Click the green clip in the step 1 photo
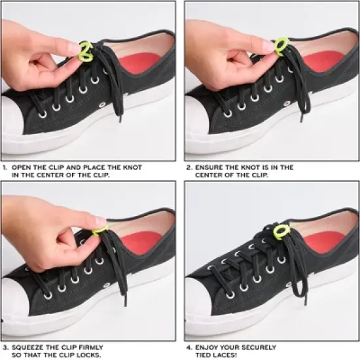pyautogui.click(x=86, y=48)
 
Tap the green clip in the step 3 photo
pyautogui.click(x=100, y=229)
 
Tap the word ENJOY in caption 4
pyautogui.click(x=207, y=347)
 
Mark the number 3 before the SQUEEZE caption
pyautogui.click(x=5, y=347)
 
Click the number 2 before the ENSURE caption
pyautogui.click(x=189, y=168)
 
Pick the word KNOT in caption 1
pyautogui.click(x=132, y=168)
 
